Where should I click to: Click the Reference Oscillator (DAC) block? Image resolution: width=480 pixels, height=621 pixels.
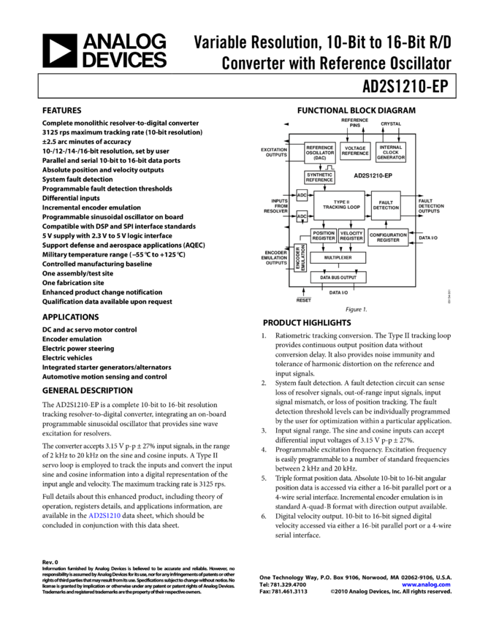319,153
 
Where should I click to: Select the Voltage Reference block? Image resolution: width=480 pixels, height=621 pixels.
355,151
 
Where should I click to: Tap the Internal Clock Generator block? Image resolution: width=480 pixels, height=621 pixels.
391,152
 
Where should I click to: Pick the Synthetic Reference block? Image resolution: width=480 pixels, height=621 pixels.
319,178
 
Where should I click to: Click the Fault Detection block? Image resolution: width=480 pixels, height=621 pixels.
386,205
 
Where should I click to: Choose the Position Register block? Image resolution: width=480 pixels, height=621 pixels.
324,236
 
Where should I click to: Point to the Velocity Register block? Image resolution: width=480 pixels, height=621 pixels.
351,236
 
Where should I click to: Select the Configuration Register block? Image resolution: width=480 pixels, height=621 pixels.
388,237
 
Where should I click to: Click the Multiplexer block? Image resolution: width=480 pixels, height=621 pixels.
338,258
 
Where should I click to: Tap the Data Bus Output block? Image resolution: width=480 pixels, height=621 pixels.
338,278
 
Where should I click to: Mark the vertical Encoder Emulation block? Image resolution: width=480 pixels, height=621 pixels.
299,258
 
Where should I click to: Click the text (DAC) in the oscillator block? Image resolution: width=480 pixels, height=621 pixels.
320,159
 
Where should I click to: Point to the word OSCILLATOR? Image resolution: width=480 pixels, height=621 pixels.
320,153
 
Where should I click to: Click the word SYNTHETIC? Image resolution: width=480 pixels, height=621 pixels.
319,175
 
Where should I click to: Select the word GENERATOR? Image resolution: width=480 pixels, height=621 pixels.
391,158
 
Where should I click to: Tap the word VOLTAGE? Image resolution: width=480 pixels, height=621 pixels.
355,148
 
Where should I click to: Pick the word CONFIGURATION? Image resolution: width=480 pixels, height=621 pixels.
388,235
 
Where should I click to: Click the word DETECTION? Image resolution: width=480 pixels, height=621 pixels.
386,208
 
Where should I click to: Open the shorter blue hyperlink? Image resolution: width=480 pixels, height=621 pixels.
104,516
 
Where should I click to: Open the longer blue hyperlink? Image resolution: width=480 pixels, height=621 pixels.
427,584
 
